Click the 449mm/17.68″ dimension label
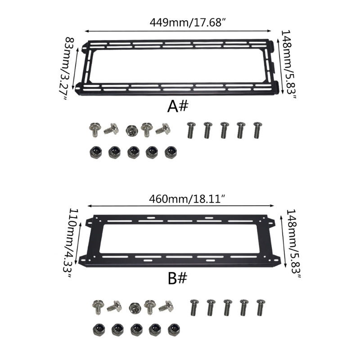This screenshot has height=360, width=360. [188, 22]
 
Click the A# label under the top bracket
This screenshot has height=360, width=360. [177, 107]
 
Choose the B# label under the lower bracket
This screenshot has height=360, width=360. [177, 278]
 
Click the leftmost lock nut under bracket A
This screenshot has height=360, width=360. [96, 152]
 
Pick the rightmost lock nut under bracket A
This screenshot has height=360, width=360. [171, 152]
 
